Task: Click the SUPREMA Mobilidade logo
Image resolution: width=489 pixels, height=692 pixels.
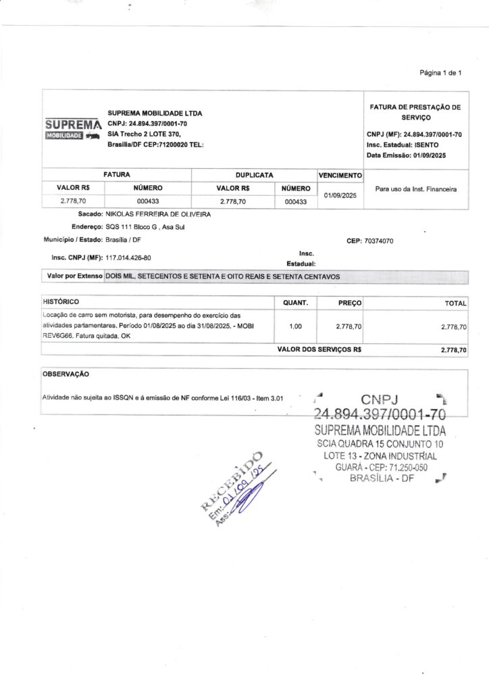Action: (73, 130)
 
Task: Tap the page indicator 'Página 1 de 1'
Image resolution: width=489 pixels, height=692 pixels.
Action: (441, 73)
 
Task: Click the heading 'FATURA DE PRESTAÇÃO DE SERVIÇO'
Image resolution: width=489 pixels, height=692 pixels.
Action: (415, 112)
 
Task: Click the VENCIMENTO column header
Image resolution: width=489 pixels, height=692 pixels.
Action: (341, 175)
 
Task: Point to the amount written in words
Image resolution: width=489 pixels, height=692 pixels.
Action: (222, 277)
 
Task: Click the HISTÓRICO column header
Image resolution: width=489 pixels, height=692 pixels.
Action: (61, 301)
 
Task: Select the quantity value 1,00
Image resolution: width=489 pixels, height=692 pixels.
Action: (295, 326)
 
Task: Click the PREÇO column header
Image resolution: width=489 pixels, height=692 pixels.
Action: (350, 303)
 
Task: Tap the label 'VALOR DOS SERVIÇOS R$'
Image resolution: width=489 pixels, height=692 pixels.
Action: (320, 350)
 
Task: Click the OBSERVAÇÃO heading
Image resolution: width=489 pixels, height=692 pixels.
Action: (66, 374)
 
